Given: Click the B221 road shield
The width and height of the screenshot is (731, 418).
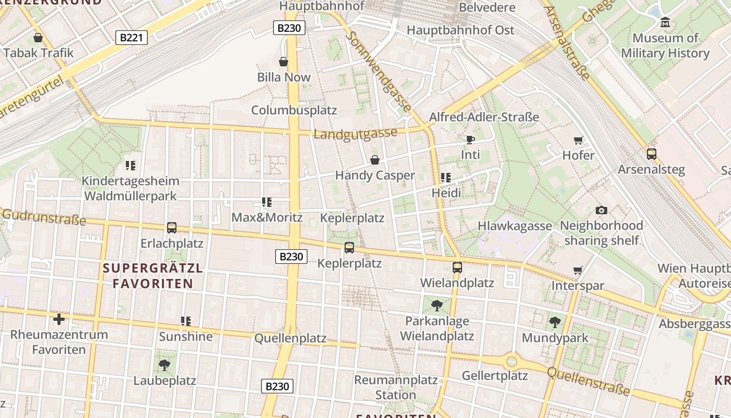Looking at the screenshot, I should [131, 37].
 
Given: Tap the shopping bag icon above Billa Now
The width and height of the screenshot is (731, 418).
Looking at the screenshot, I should [284, 62].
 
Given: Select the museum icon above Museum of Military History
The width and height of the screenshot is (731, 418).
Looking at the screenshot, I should [665, 22].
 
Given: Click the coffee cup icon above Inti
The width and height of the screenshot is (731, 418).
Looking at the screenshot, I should [470, 140].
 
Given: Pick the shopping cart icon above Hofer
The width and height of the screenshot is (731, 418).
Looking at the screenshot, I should [578, 140].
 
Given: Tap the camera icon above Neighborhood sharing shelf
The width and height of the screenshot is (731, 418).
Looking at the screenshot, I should [602, 210].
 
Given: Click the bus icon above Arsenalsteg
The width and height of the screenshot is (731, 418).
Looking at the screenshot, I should [651, 154].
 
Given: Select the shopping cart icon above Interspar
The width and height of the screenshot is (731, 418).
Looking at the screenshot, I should [577, 270].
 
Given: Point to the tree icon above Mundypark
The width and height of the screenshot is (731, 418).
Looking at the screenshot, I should [555, 322].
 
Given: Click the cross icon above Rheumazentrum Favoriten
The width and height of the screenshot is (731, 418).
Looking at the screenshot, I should [59, 319].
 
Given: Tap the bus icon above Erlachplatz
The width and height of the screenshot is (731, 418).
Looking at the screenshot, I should [172, 228].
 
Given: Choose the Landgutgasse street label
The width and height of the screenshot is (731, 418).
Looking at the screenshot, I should [356, 134].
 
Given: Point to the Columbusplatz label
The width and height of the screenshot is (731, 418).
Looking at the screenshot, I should [294, 110].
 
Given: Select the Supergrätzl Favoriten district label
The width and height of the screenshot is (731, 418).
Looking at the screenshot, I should [152, 276].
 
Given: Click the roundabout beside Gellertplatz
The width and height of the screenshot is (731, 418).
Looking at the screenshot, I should [512, 361].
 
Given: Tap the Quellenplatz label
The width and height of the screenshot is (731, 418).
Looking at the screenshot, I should [290, 338].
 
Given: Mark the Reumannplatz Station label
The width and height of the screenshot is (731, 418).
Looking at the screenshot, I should [396, 387].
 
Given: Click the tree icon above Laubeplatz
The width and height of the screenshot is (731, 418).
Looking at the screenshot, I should [164, 365].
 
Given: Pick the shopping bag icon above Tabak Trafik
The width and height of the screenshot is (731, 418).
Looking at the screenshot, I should [38, 38].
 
